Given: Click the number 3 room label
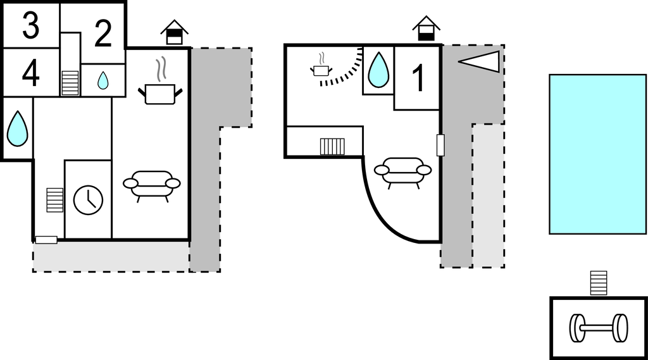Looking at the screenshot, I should (x=30, y=25).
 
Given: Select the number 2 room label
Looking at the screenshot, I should (x=103, y=34).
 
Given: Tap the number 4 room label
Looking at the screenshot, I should (x=30, y=73).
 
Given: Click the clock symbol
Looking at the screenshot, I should (x=88, y=199).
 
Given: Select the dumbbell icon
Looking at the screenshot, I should (x=598, y=328).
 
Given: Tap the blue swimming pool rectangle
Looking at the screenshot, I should (x=597, y=154).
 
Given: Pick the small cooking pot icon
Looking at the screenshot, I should (x=321, y=68).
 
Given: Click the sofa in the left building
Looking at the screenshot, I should (x=152, y=184).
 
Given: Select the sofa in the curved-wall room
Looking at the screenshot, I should (x=402, y=171).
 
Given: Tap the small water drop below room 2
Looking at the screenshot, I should (x=103, y=80).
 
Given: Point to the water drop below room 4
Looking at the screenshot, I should (x=16, y=128).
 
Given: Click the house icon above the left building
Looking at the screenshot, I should (x=175, y=32).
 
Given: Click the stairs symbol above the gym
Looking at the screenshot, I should (x=598, y=283).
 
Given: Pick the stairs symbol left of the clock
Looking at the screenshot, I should (x=55, y=200).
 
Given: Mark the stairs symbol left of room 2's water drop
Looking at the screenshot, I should (x=70, y=83).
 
